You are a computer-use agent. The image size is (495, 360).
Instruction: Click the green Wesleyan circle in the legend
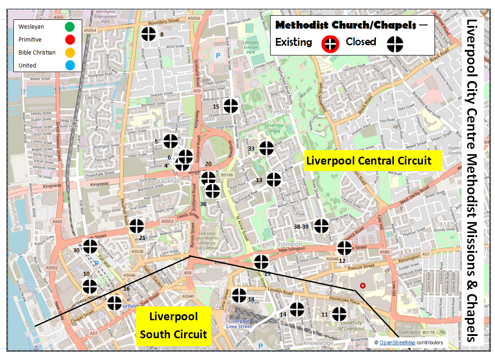point(70,27)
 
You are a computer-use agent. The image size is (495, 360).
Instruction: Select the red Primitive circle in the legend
point(70,40)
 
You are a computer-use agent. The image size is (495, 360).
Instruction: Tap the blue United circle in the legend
point(70,65)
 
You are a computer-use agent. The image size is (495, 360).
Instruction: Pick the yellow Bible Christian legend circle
point(70,52)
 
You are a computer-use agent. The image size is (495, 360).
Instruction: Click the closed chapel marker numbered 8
point(148,34)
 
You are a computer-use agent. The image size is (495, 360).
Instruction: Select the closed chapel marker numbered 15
point(230,106)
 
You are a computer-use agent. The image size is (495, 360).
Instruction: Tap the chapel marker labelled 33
point(266,148)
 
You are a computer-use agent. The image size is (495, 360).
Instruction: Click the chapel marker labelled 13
point(273,179)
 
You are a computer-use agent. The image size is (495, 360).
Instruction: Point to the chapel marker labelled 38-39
point(321,226)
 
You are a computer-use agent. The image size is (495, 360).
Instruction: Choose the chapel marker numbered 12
point(344,248)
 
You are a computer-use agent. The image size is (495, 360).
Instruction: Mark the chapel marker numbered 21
point(137,226)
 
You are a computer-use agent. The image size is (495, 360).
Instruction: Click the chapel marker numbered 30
point(90,246)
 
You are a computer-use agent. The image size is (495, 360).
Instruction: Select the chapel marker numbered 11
point(339,314)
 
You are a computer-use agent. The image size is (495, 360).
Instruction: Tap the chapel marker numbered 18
point(239,295)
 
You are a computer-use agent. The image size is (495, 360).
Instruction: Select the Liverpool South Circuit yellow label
point(174,326)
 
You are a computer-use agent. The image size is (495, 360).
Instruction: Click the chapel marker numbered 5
point(170,141)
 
